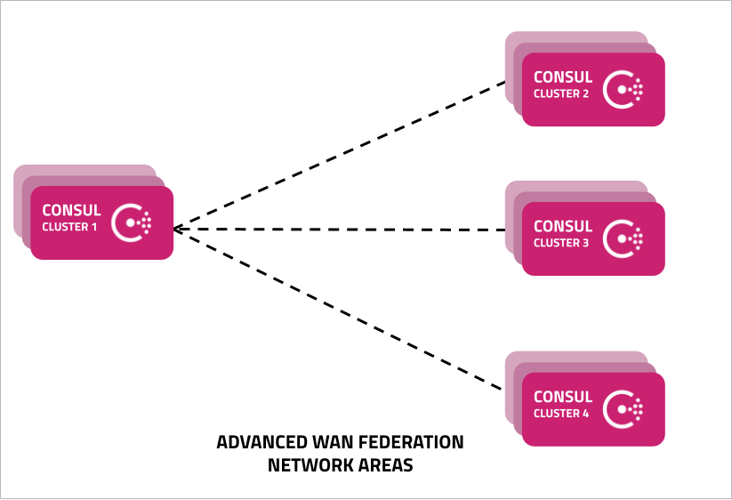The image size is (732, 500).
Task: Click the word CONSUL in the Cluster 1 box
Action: (71, 210)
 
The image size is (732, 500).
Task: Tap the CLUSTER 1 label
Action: (69, 227)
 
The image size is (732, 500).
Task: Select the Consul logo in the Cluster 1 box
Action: (131, 222)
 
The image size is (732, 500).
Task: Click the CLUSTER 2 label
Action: (561, 93)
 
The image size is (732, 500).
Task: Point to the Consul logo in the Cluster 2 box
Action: (623, 89)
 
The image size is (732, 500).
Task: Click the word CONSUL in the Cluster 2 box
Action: (563, 77)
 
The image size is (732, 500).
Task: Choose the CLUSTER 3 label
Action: (561, 243)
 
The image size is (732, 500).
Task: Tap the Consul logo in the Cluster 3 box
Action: (623, 238)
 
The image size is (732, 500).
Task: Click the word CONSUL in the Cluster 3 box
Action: (563, 227)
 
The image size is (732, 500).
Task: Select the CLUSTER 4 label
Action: (561, 414)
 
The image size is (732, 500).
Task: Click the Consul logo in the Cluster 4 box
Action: (623, 409)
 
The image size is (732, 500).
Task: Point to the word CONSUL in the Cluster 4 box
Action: (563, 397)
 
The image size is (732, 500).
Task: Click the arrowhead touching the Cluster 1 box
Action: (176, 229)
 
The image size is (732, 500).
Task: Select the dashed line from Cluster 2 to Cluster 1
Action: (340, 156)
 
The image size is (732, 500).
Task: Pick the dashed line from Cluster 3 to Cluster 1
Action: (340, 230)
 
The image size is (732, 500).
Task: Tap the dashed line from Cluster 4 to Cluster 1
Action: (338, 309)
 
